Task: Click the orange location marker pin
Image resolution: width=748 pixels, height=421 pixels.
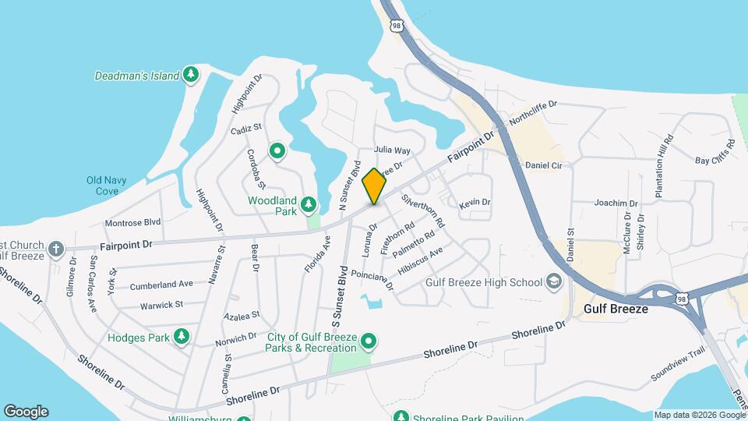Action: (375, 186)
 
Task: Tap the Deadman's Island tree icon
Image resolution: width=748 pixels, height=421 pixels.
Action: (191, 76)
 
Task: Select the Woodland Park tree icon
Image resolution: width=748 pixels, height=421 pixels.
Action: (309, 204)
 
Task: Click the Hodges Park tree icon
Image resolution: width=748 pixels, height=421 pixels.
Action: (182, 336)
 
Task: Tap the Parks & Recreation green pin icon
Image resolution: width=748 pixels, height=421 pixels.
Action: (370, 341)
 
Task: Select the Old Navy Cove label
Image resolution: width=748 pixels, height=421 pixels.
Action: (102, 186)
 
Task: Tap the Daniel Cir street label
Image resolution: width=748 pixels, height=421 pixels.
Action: (543, 165)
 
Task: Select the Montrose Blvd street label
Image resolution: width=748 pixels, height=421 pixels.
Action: (132, 222)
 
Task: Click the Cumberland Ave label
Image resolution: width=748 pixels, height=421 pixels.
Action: (161, 285)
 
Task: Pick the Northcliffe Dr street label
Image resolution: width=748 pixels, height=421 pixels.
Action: (534, 114)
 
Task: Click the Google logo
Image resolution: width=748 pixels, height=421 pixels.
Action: (26, 412)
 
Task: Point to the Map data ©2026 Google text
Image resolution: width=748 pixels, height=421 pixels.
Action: (699, 415)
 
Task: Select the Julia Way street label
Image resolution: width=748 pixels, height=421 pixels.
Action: (392, 150)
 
